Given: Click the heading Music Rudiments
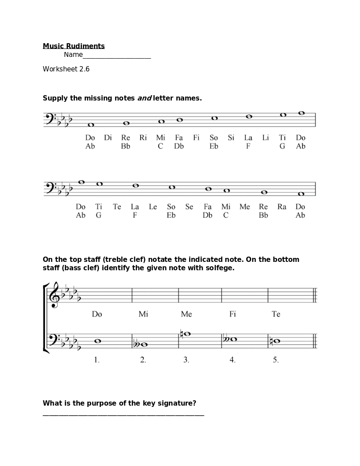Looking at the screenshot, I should click(74, 46).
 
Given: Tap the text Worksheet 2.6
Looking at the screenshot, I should click(66, 69).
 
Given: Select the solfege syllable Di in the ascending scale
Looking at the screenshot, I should click(108, 138).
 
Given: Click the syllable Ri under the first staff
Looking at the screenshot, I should click(143, 138).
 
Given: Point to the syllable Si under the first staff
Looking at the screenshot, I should click(231, 138).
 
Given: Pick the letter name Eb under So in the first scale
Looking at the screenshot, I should click(214, 146).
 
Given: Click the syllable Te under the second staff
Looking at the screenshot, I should click(117, 207).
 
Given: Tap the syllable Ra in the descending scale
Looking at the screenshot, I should click(282, 207).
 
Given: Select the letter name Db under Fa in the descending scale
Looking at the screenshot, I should click(208, 216).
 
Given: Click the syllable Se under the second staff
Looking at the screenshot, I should click(189, 207).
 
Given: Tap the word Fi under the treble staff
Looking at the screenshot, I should click(233, 314).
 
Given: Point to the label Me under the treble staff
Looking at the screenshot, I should click(186, 314).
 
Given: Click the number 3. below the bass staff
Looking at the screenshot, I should click(186, 360).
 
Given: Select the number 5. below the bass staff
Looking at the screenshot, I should click(276, 360).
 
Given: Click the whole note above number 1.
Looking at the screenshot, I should click(97, 340).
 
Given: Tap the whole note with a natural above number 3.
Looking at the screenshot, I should click(187, 334).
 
